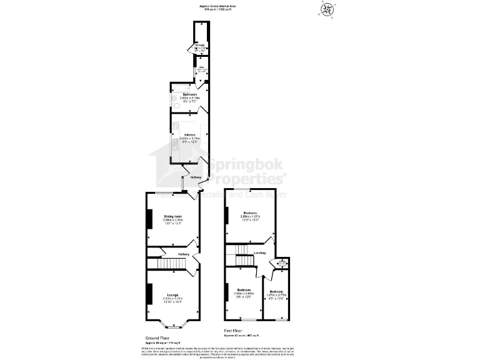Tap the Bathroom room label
[x=189, y=94]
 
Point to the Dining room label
[x=171, y=216]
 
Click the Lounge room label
[x=172, y=295]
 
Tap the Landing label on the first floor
[x=259, y=252]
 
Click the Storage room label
[x=200, y=46]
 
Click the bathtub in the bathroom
[x=189, y=86]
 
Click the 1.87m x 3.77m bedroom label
[x=276, y=292]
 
